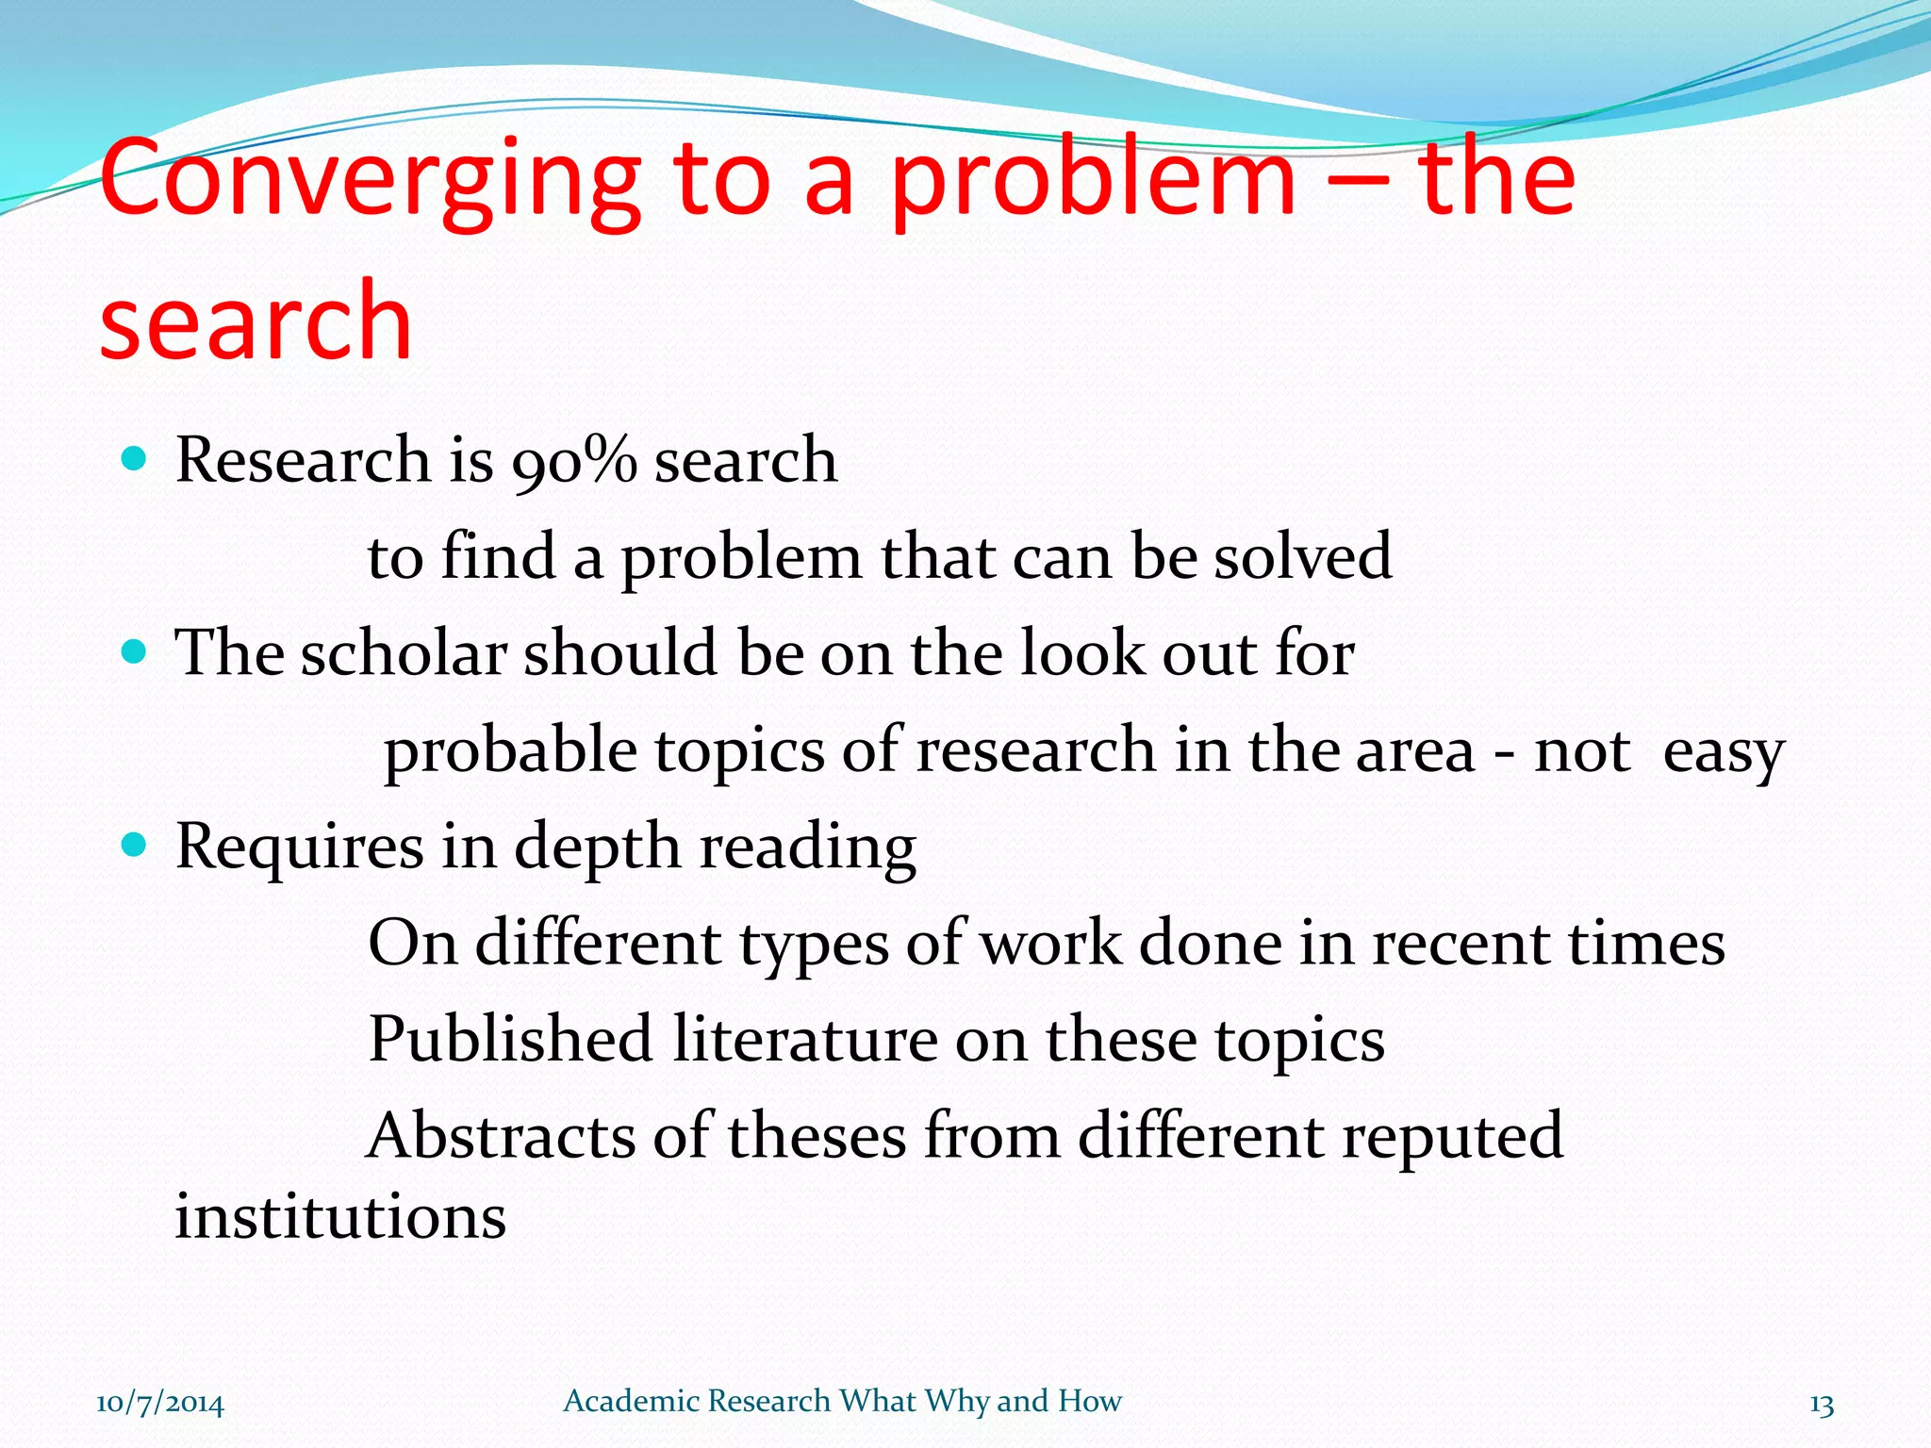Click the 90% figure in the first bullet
click(574, 461)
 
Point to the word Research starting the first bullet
click(303, 460)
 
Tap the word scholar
click(404, 652)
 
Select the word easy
click(1724, 752)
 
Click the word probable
click(510, 752)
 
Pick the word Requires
click(299, 847)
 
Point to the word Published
click(510, 1039)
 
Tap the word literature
click(805, 1039)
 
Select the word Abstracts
click(501, 1135)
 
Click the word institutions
click(340, 1216)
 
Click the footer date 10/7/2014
click(160, 1404)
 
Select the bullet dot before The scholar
click(136, 651)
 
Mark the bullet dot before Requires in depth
click(136, 845)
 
